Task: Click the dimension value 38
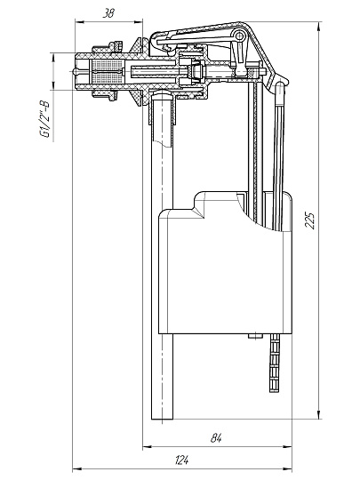(108, 13)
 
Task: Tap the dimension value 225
(310, 220)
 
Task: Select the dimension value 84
(216, 438)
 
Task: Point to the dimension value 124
(182, 460)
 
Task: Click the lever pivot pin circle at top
(239, 36)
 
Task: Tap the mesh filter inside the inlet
(108, 71)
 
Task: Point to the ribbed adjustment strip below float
(275, 363)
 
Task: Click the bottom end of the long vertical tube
(162, 419)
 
